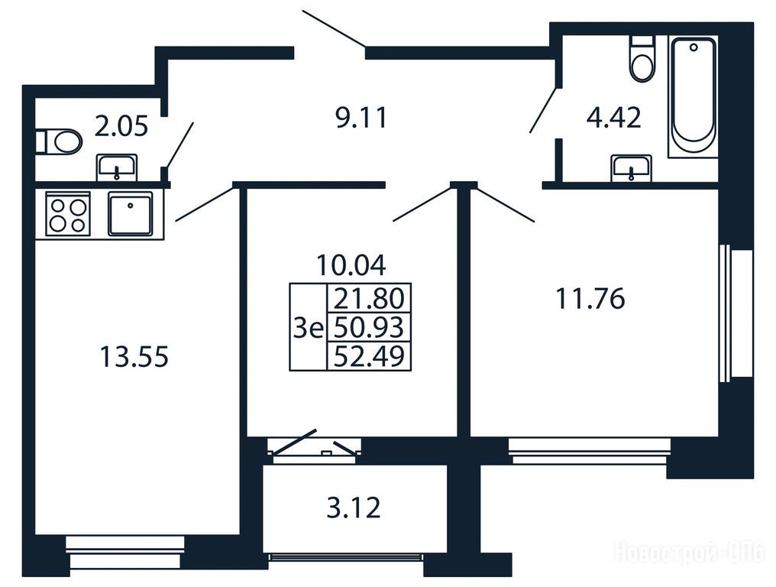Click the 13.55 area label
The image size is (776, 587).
[x=134, y=357]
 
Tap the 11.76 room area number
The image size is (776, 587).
[x=590, y=299]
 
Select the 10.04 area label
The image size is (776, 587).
[x=351, y=265]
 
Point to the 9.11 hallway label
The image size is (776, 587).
[x=361, y=118]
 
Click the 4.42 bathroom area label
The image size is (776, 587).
[x=613, y=118]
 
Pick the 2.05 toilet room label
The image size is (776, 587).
[x=121, y=126]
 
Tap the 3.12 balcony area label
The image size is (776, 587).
[x=354, y=508]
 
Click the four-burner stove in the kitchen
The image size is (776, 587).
[x=68, y=214]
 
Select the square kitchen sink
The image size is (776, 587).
[x=130, y=213]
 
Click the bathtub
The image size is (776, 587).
[x=692, y=96]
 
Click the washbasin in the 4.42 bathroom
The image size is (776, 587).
[x=631, y=168]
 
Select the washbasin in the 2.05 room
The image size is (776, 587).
[x=117, y=167]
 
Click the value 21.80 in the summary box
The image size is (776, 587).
[x=369, y=298]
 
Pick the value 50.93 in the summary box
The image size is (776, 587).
[x=369, y=327]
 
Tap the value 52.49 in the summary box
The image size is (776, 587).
[x=369, y=355]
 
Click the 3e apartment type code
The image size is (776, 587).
[x=308, y=327]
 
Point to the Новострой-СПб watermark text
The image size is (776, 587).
[x=690, y=552]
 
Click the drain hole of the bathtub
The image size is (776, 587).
[x=694, y=47]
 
